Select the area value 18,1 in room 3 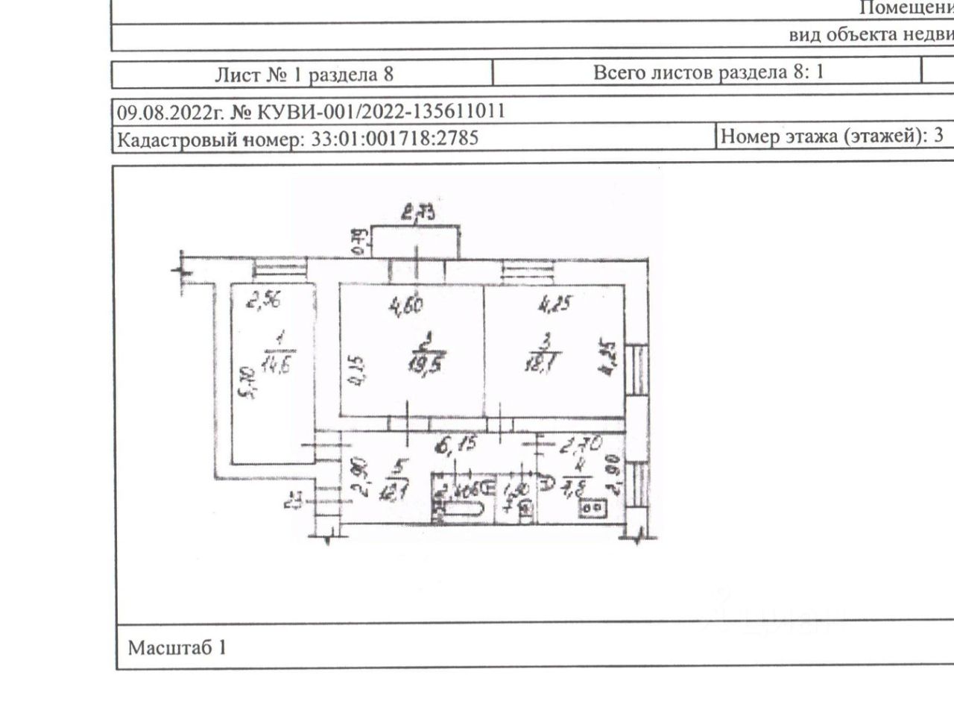[x=543, y=364]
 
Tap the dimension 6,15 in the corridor [x=457, y=447]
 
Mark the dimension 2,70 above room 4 [x=581, y=447]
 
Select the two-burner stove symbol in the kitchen [x=594, y=508]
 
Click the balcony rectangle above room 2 [x=415, y=241]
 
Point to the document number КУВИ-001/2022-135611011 [x=380, y=112]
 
